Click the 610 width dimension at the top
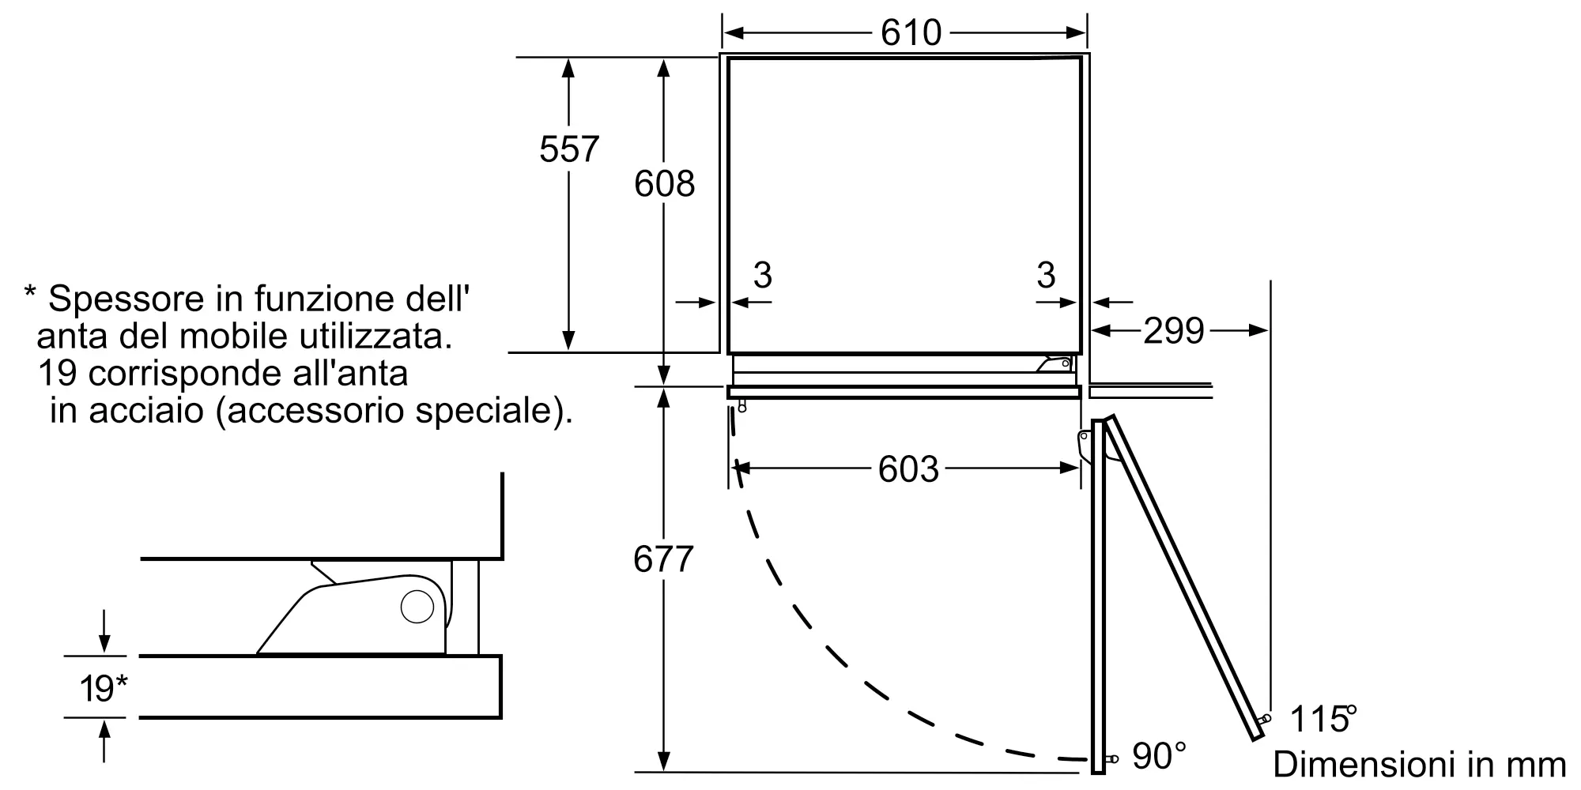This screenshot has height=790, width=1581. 911,33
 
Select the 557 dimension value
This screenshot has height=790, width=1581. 568,149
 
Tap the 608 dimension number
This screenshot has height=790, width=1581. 664,184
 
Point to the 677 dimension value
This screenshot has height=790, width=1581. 663,559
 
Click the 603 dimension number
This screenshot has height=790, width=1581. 908,469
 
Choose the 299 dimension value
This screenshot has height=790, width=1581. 1173,331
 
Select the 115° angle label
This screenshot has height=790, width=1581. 1322,719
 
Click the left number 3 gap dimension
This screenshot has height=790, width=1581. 762,275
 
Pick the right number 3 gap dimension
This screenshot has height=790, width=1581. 1046,275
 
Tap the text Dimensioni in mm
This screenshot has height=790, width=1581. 1419,765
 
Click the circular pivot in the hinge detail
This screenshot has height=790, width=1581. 417,607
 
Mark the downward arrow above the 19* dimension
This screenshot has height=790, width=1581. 104,632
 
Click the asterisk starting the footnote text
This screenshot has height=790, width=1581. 30,295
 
